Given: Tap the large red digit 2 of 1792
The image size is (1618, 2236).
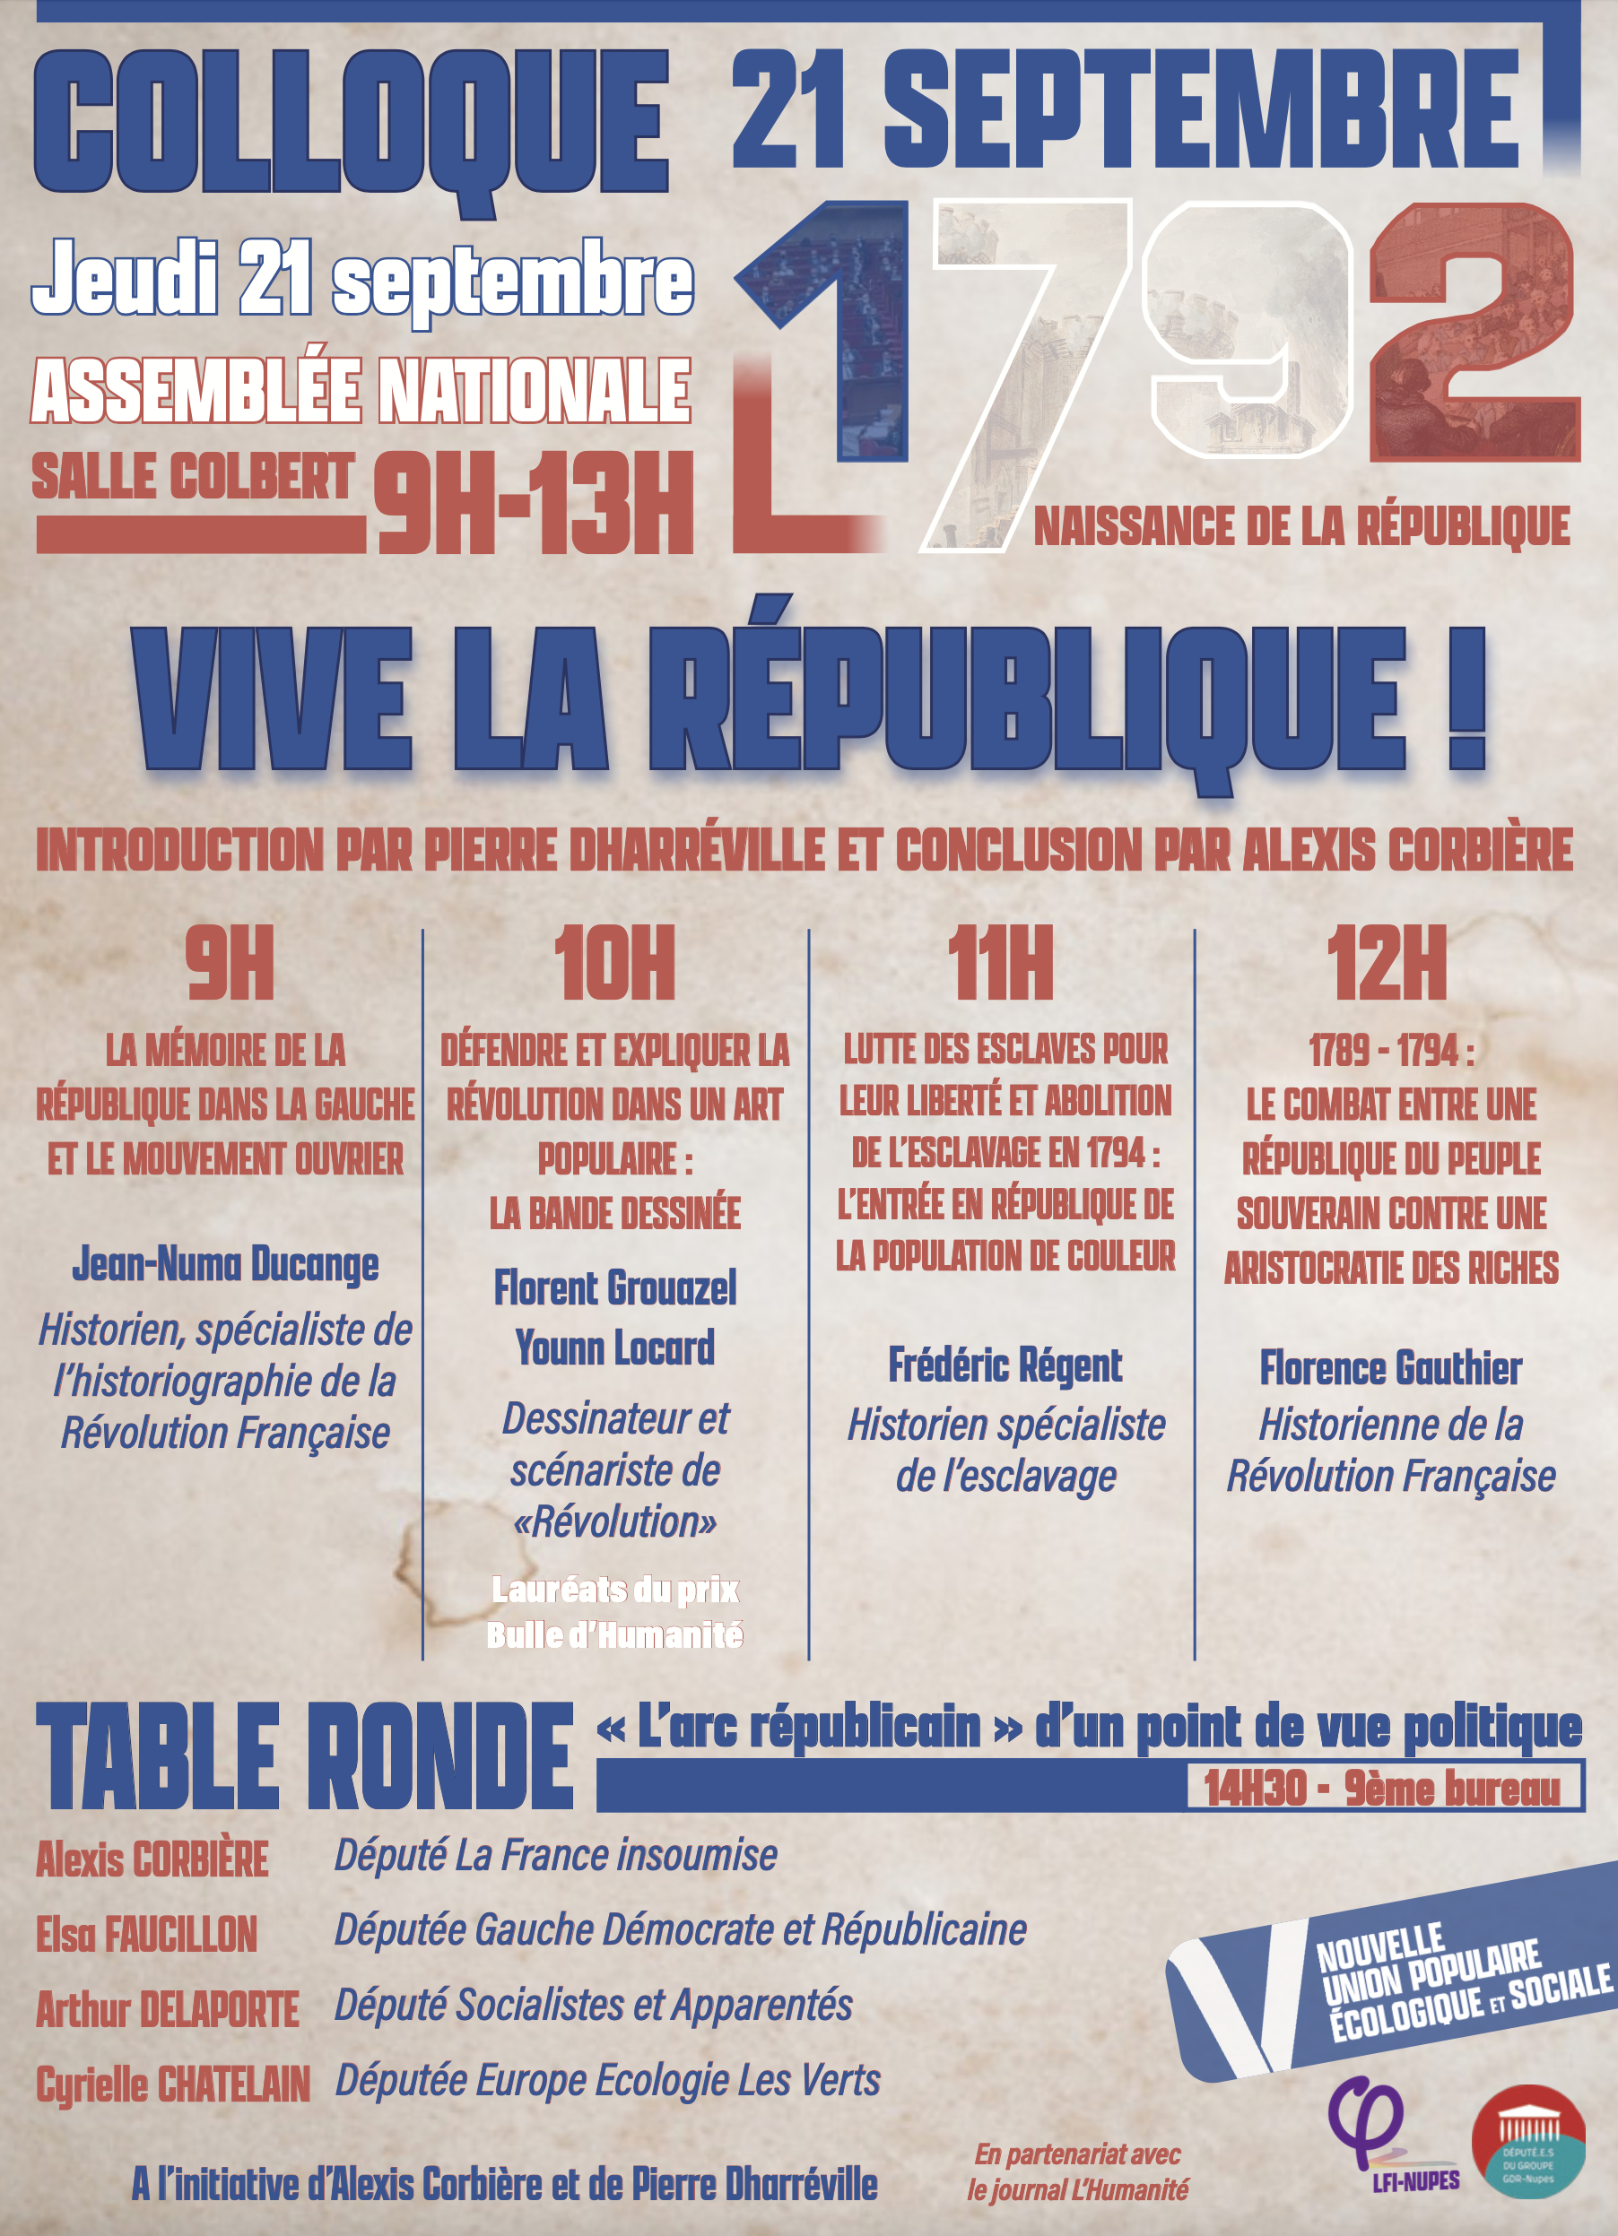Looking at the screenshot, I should [1474, 330].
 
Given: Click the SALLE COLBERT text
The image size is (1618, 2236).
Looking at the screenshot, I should [193, 477].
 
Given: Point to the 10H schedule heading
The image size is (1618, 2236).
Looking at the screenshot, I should [614, 963].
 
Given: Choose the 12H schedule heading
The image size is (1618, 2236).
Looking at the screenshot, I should [1387, 963].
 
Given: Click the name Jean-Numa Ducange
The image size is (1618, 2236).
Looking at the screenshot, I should [225, 1264].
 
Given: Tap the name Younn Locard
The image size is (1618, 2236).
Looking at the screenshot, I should [614, 1348].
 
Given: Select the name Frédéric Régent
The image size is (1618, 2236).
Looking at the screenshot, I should [1005, 1365].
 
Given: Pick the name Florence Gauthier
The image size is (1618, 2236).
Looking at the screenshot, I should [1390, 1368].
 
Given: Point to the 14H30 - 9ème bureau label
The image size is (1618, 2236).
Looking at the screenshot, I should [1381, 1789].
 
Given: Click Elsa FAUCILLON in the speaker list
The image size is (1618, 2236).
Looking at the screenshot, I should [147, 1935].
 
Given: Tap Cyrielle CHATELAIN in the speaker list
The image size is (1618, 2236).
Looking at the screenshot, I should [172, 2084].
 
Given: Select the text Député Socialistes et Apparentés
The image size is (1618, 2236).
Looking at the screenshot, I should [593, 2006].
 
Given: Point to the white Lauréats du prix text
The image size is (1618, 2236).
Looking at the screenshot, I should [614, 1590].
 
